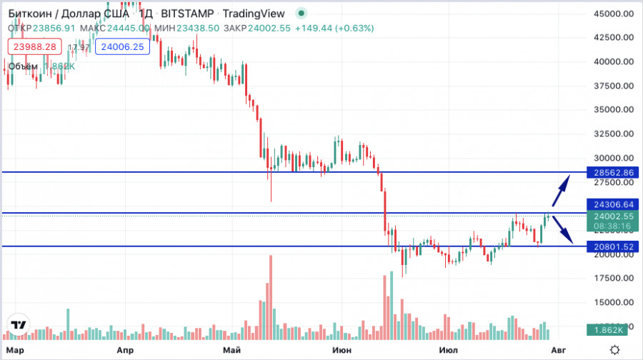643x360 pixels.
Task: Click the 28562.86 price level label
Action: [x=613, y=173]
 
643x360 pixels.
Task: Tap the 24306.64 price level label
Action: [x=613, y=204]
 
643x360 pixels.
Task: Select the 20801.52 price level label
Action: [x=613, y=246]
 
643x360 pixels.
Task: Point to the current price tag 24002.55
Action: [x=613, y=216]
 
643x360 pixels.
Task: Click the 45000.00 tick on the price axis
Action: [x=614, y=14]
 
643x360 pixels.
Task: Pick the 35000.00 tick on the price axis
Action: [x=614, y=110]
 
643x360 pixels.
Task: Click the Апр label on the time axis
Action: [x=125, y=350]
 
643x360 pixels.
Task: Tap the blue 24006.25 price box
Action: [x=123, y=46]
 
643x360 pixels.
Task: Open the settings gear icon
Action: [x=614, y=349]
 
